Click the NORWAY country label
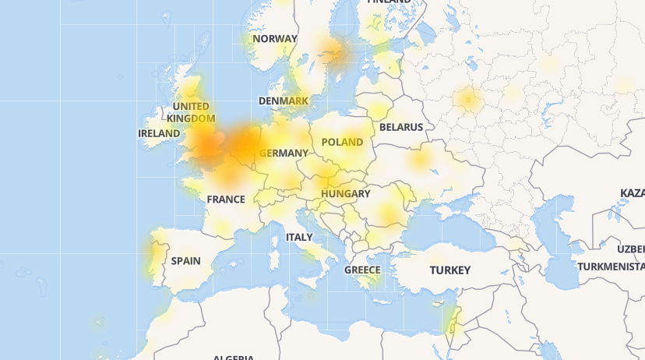(x=275, y=38)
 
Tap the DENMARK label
(x=284, y=101)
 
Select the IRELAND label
(x=159, y=133)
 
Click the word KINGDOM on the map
(x=191, y=118)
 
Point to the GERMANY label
(x=284, y=153)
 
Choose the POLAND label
(x=342, y=142)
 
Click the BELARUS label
(x=401, y=127)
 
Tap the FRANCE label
(x=226, y=199)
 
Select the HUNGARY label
(x=345, y=193)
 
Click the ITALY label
(x=299, y=237)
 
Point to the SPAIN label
(x=186, y=261)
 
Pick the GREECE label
(x=362, y=270)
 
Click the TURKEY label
(x=450, y=270)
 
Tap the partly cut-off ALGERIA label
(x=234, y=358)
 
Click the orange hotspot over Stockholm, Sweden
(x=337, y=52)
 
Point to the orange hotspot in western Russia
(x=468, y=99)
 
